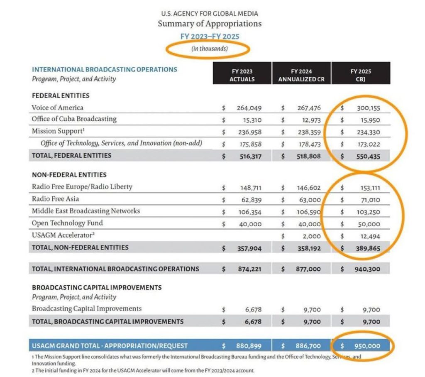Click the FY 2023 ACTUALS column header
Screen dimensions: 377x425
242,75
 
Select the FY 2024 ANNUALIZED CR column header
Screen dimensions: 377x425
302,75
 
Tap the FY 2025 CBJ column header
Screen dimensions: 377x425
361,75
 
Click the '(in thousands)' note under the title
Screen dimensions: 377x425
210,49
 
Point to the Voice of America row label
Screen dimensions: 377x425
57,108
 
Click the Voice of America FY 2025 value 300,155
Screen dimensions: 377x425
368,108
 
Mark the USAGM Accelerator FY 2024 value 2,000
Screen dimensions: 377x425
312,236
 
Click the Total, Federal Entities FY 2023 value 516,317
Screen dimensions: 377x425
249,156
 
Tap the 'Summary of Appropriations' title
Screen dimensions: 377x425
210,24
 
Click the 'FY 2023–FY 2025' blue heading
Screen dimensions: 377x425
210,37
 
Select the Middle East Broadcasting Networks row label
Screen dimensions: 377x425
86,211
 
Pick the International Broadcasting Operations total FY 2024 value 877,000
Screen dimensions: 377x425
309,269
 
